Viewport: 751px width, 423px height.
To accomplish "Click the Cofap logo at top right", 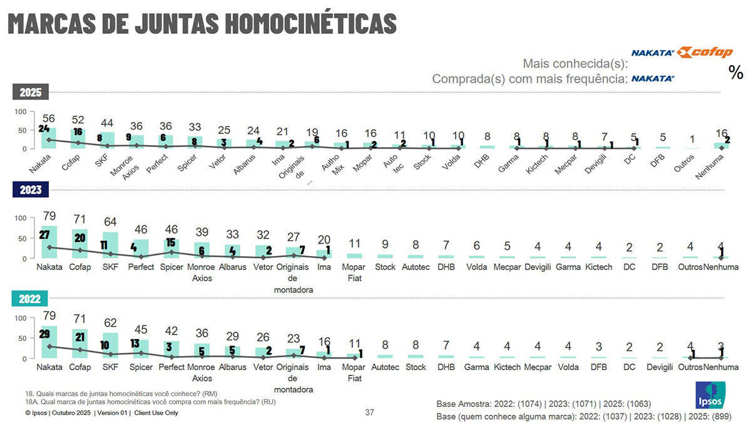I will (x=705, y=53).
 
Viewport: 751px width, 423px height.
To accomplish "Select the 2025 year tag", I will (x=30, y=93).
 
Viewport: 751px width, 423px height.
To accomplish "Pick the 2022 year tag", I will (x=30, y=299).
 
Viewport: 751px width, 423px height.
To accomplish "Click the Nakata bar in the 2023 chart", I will (x=49, y=242).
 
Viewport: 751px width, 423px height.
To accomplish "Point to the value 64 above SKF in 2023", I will (x=110, y=222).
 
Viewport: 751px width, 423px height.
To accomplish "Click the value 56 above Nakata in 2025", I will (x=49, y=120).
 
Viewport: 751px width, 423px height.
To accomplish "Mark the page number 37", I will (x=369, y=412).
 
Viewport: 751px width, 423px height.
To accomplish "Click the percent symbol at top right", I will (x=736, y=73).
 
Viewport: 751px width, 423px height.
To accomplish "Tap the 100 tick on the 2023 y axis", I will (x=20, y=218).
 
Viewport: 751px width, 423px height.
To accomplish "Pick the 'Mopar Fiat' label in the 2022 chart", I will (x=354, y=372).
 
